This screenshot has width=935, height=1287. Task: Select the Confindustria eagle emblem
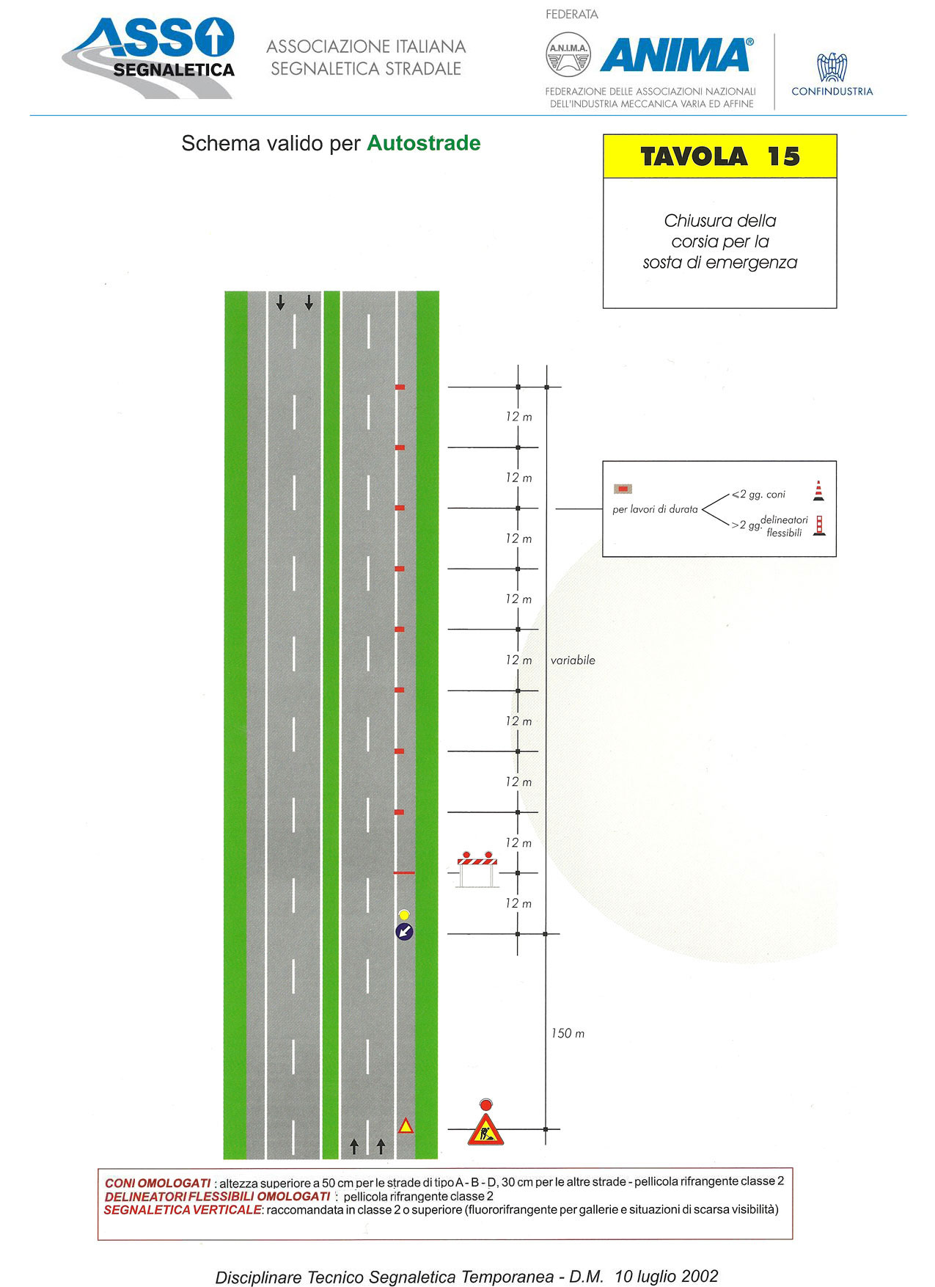tap(832, 68)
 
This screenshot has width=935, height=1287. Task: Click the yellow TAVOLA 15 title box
tap(719, 156)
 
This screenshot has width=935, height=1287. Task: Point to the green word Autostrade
tap(424, 143)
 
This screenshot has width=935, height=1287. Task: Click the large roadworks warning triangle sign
tap(485, 1129)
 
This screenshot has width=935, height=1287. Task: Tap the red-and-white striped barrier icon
tap(477, 869)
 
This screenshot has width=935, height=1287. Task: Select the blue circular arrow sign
tap(404, 932)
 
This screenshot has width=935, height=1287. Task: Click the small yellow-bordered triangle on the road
tap(406, 1125)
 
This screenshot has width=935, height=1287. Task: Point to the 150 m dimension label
tap(568, 1033)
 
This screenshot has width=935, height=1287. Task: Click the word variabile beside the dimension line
tap(573, 660)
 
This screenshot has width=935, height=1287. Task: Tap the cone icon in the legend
tap(818, 491)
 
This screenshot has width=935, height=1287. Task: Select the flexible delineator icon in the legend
tap(819, 525)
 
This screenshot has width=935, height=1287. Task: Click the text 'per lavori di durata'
tap(655, 509)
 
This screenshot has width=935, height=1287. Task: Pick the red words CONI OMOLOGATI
tap(158, 1183)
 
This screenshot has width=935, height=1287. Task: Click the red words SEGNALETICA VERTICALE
tap(183, 1209)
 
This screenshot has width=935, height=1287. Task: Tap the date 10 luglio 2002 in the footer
tap(667, 1276)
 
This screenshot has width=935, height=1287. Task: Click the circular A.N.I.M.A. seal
tap(568, 54)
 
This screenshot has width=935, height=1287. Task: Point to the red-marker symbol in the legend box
tap(623, 489)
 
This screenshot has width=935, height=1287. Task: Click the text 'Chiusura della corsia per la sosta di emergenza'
tap(719, 241)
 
